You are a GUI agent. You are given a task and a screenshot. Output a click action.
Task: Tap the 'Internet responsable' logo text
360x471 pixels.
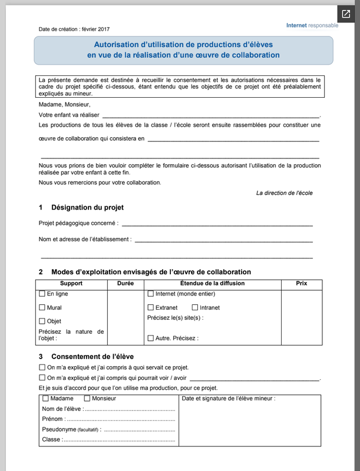point(312,25)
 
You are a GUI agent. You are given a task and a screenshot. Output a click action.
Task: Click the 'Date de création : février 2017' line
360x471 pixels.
point(74,29)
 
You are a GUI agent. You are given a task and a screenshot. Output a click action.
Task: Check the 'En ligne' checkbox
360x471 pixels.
point(42,293)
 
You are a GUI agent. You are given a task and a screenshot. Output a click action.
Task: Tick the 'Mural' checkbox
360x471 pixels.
point(42,307)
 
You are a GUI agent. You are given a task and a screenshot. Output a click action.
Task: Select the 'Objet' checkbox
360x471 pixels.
point(42,321)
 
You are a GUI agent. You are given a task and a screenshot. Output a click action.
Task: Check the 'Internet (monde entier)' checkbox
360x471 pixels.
point(150,293)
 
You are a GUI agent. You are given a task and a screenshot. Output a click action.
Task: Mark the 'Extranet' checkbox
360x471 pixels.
point(150,307)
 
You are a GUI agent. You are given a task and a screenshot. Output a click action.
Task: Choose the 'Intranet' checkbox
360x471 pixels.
point(195,307)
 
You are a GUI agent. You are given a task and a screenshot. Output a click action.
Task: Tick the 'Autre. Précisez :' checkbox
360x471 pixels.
point(150,339)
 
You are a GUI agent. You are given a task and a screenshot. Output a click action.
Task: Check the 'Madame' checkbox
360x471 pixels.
point(46,399)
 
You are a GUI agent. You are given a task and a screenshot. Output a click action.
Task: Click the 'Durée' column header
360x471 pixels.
point(125,283)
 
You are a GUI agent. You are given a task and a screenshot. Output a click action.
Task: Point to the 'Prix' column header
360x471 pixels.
point(301,283)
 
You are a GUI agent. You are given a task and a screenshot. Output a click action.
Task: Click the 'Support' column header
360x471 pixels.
point(71,283)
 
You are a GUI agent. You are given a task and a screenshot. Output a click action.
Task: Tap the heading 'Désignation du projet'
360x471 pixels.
point(87,207)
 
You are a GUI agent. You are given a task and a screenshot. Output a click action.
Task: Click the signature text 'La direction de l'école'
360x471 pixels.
point(284,193)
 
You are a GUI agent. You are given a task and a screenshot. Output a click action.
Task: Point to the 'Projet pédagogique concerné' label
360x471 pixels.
point(78,223)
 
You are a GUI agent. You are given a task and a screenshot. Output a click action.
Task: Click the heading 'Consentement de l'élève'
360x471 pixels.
point(92,356)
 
